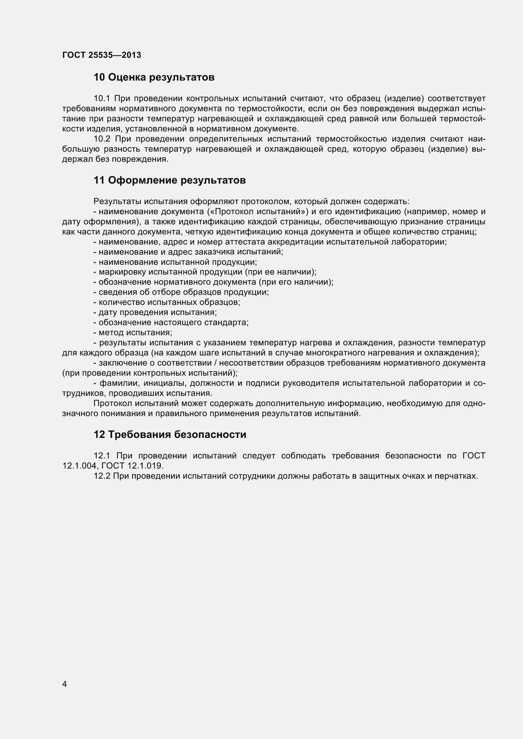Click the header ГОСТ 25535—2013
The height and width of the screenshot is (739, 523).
102,55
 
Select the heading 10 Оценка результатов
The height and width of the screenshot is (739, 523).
154,77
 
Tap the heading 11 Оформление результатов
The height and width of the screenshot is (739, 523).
170,180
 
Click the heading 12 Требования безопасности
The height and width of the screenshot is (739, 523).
170,434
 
